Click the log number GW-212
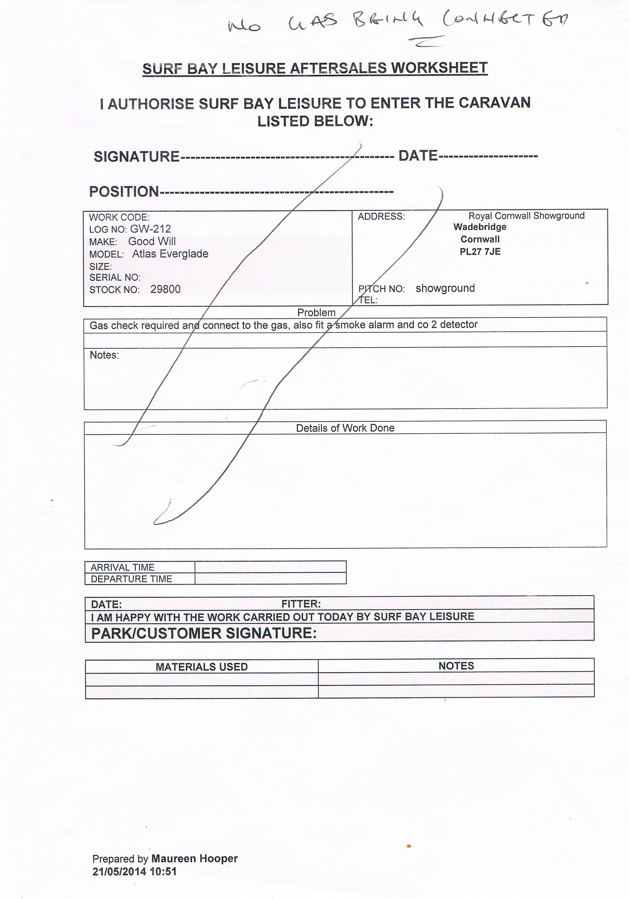coord(150,229)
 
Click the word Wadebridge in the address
coord(480,227)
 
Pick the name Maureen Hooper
coord(195,859)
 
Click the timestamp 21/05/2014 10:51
coord(135,872)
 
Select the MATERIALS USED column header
coord(202,667)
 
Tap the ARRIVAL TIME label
coord(122,567)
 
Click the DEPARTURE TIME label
coord(132,579)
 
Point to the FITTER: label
coord(301,604)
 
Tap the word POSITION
coord(124,192)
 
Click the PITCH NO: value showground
coord(445,288)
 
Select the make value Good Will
coord(152,241)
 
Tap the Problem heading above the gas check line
coord(316,312)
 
